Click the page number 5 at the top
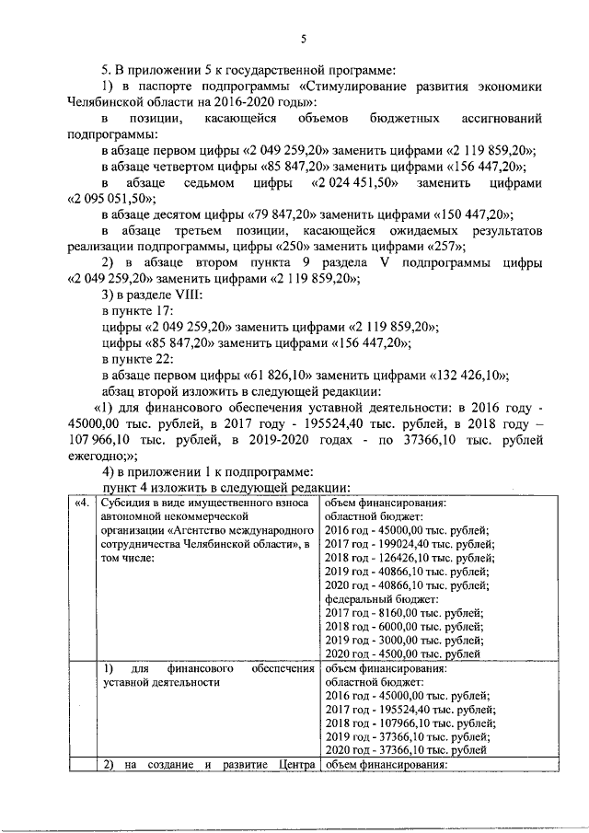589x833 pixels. pyautogui.click(x=304, y=37)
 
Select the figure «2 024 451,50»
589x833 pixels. pyautogui.click(x=355, y=182)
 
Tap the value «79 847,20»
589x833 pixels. pyautogui.click(x=281, y=214)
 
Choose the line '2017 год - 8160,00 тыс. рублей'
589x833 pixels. pyautogui.click(x=405, y=612)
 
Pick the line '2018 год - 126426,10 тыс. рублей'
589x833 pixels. pyautogui.click(x=409, y=558)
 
